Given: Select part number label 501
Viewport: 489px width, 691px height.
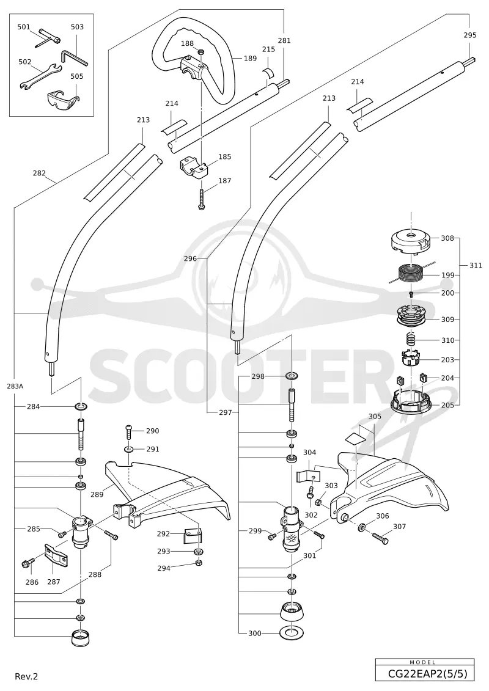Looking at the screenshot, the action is pyautogui.click(x=24, y=27).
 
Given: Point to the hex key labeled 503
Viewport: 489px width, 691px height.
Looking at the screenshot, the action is pyautogui.click(x=73, y=57).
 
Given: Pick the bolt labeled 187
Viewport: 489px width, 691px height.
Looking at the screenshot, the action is pyautogui.click(x=201, y=199).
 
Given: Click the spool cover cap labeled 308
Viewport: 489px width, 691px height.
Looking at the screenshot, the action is pyautogui.click(x=411, y=243).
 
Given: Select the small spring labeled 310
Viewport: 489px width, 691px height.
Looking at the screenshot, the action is pyautogui.click(x=411, y=340).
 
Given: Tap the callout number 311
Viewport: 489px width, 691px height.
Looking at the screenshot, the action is pyautogui.click(x=476, y=266).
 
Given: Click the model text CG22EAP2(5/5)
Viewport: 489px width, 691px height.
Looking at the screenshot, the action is pyautogui.click(x=425, y=675).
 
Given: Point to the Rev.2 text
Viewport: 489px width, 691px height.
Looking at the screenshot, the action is pyautogui.click(x=26, y=676).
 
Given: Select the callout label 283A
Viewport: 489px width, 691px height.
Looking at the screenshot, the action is pyautogui.click(x=15, y=386).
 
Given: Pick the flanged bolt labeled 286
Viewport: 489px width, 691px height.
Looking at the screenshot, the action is pyautogui.click(x=28, y=564).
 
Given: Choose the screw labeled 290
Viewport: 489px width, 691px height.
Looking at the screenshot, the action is pyautogui.click(x=129, y=433).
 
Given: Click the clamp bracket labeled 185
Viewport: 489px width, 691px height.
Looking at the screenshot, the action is pyautogui.click(x=194, y=168).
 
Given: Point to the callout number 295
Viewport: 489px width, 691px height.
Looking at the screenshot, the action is pyautogui.click(x=470, y=35).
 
